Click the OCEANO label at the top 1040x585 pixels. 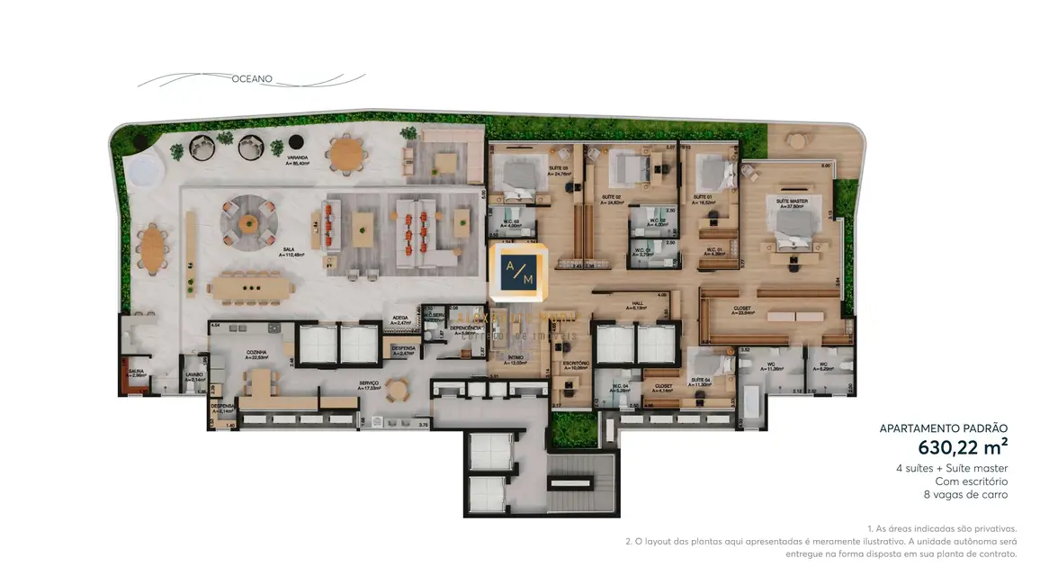tap(252, 79)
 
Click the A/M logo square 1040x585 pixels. tap(520, 270)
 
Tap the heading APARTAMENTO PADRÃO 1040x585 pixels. tap(944, 428)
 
